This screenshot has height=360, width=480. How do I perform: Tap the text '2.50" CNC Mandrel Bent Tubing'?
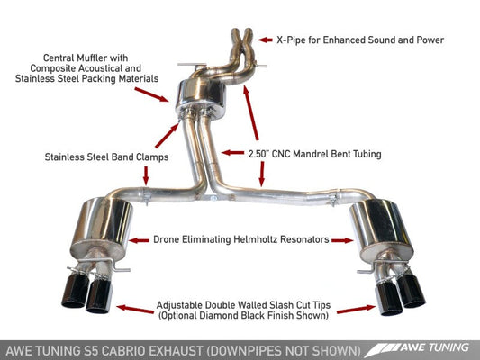coord(302,155)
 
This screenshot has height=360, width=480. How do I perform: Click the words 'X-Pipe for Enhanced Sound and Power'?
coord(360,40)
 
